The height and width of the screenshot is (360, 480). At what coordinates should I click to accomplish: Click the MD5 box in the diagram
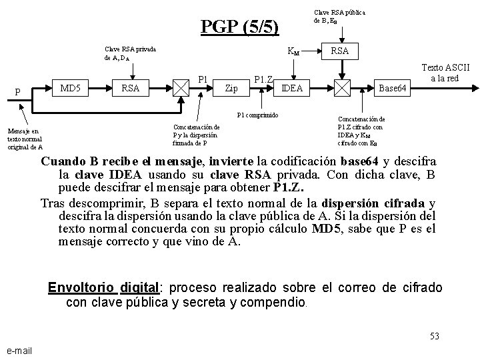[x=71, y=87]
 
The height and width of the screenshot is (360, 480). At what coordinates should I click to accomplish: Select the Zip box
[x=232, y=87]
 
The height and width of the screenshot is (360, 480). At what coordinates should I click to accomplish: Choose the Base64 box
[x=391, y=87]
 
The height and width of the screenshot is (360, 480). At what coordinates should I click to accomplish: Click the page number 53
[x=434, y=336]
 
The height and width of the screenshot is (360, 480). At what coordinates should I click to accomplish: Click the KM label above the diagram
[x=292, y=51]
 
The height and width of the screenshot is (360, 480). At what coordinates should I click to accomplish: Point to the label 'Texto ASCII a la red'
[x=446, y=73]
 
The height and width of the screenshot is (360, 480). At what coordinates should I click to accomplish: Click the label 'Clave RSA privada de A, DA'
[x=130, y=53]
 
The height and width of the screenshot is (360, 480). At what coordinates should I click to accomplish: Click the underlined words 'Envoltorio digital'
[x=103, y=288]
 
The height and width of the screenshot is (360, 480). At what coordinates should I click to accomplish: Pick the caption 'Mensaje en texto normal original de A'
[x=25, y=139]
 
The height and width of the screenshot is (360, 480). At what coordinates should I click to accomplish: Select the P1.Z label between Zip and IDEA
[x=265, y=80]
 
